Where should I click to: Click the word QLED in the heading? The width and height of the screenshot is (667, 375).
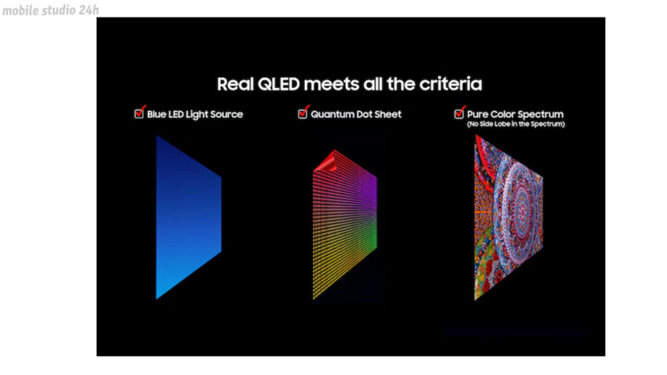(279, 84)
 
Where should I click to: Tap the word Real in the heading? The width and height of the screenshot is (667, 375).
(235, 84)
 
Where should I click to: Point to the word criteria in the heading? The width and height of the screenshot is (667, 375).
(451, 84)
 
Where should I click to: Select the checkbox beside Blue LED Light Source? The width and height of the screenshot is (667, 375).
(139, 113)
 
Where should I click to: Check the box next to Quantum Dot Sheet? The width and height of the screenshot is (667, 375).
(302, 113)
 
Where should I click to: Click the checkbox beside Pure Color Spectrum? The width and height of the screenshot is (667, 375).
(459, 113)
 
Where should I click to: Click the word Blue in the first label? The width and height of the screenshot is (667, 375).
(156, 115)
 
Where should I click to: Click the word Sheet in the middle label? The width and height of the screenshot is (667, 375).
(388, 115)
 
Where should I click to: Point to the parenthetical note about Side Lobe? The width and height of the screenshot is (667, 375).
(516, 124)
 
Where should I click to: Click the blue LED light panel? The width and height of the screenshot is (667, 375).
(188, 217)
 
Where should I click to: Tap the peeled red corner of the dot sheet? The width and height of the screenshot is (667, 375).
(326, 161)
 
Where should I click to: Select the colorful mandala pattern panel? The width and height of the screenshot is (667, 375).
(508, 217)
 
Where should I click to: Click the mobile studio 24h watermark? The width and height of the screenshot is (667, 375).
(51, 10)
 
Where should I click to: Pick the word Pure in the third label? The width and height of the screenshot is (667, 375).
(477, 115)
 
